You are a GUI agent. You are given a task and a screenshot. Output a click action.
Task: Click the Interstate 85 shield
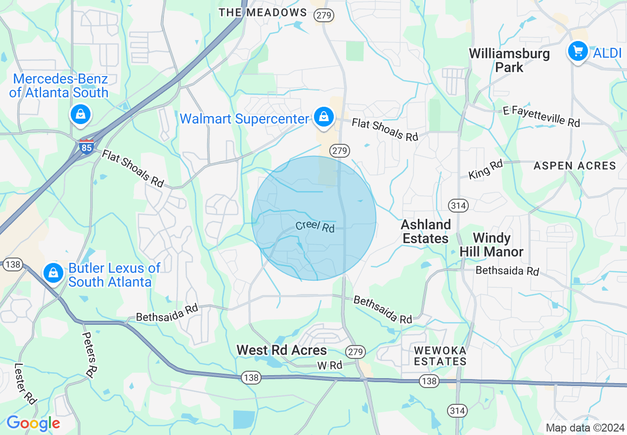tap(87, 147)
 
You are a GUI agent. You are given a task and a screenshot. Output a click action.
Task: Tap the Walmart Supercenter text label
tap(244, 119)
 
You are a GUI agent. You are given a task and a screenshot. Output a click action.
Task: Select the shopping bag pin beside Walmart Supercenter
tap(323, 117)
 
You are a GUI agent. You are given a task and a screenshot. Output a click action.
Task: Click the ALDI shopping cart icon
tap(578, 51)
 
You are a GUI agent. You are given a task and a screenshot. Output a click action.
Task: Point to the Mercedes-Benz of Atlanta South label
tap(59, 86)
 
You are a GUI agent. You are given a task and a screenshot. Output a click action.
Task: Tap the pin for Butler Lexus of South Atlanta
tap(53, 272)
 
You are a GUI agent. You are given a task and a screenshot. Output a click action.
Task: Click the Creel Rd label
tap(315, 226)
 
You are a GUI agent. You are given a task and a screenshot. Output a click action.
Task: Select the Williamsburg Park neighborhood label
tap(509, 60)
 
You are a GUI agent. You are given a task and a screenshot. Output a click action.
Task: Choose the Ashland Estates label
tap(425, 231)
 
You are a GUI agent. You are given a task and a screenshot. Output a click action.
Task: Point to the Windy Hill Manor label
tap(491, 245)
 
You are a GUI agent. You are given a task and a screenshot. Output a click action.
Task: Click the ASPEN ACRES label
tap(575, 166)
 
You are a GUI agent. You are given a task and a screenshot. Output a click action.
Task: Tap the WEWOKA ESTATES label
tap(440, 356)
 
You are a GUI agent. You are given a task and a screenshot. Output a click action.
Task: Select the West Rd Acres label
tap(281, 350)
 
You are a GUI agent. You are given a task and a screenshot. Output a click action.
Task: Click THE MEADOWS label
tap(263, 12)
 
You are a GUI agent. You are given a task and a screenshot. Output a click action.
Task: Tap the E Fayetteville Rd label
tap(541, 116)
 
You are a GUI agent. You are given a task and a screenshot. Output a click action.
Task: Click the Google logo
tap(33, 423)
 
